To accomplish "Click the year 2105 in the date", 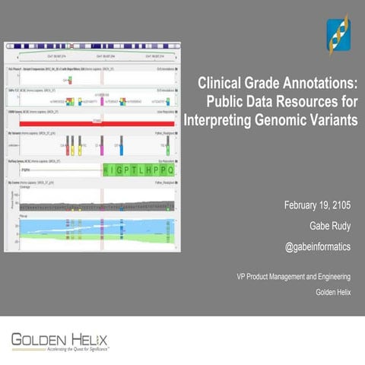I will point(344,206).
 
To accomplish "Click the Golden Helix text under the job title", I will point(336,291).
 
